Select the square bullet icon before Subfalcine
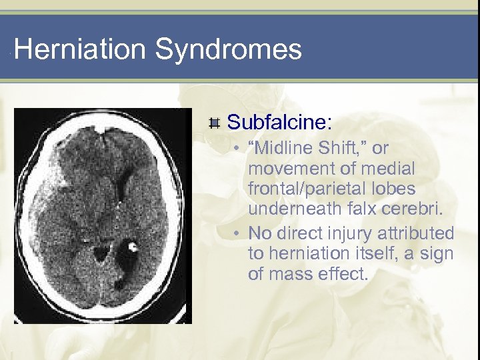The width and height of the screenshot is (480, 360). tap(214, 123)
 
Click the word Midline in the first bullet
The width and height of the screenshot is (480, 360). tap(287, 148)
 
